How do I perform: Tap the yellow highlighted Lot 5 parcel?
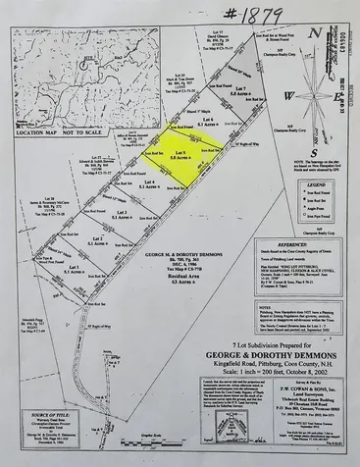[x=180, y=159]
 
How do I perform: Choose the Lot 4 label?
[x=149, y=182]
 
